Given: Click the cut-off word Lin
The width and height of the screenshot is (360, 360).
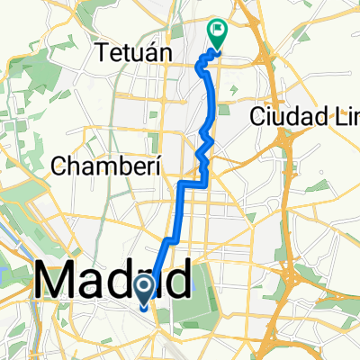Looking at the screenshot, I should pos(344,116).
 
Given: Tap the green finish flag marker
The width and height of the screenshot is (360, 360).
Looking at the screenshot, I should pos(218,32).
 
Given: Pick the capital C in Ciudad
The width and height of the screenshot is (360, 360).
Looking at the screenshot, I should pos(258,116).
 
